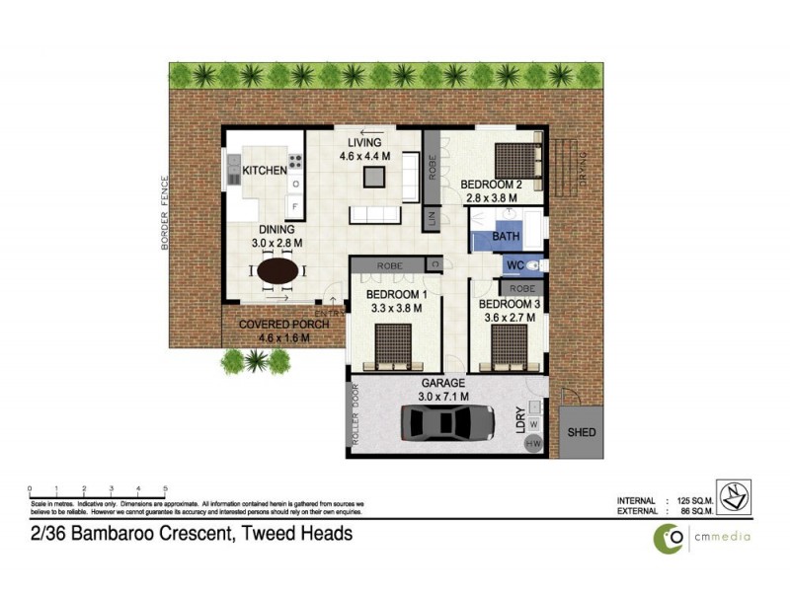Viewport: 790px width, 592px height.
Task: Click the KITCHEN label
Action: click(x=265, y=171)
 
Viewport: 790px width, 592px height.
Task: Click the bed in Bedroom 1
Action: click(x=395, y=345)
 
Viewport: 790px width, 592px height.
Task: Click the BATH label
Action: click(x=506, y=237)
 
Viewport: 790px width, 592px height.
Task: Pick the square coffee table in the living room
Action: click(x=374, y=177)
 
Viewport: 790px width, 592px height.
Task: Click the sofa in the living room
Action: click(x=375, y=215)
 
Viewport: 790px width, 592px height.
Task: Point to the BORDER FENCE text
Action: click(x=165, y=212)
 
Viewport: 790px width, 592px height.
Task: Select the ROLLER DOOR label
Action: click(x=356, y=419)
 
